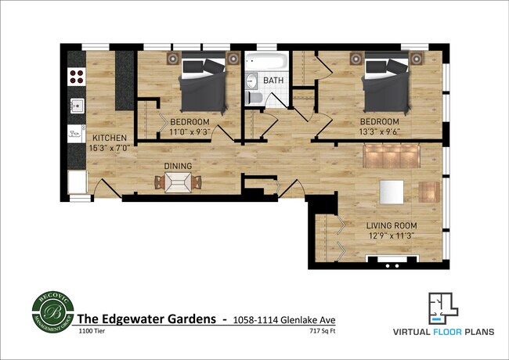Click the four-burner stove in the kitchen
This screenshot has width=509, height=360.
[x=77, y=76]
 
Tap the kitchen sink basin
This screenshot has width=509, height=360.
[x=77, y=106]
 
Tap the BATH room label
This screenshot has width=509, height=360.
[x=273, y=81]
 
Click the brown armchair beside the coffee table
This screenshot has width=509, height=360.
[x=428, y=192]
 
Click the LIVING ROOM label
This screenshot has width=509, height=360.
[x=392, y=225]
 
